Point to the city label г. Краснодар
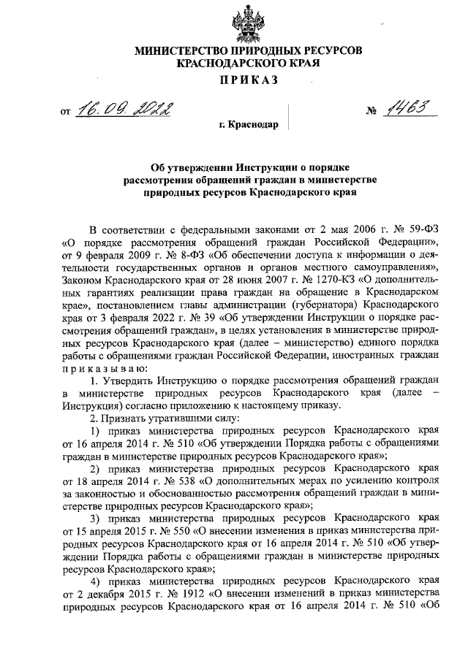pyautogui.click(x=249, y=125)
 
